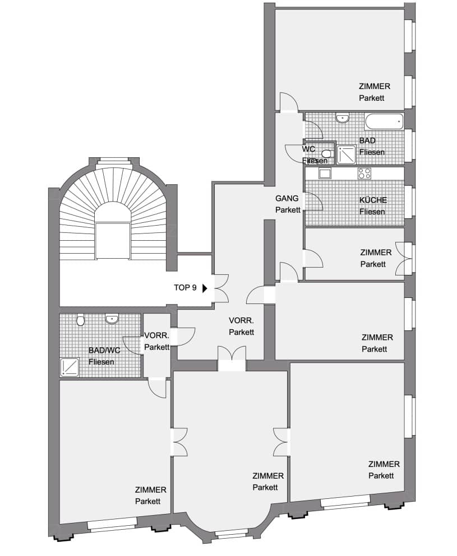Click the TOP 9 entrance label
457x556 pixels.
pyautogui.click(x=185, y=288)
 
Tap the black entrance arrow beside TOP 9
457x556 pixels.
pyautogui.click(x=205, y=288)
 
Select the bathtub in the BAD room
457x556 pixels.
pyautogui.click(x=384, y=122)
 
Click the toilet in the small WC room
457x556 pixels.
pyautogui.click(x=327, y=153)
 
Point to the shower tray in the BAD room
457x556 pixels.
pyautogui.click(x=346, y=155)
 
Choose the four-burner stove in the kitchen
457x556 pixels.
pyautogui.click(x=364, y=174)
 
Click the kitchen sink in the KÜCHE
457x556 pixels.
pyautogui.click(x=325, y=174)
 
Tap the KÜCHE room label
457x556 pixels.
pyautogui.click(x=372, y=205)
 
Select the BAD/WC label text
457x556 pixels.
pyautogui.click(x=104, y=351)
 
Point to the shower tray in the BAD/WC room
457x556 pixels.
pyautogui.click(x=70, y=367)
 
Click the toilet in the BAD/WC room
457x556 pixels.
pyautogui.click(x=81, y=320)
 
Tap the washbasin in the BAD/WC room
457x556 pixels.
pyautogui.click(x=112, y=319)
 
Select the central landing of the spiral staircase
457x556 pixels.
pyautogui.click(x=113, y=240)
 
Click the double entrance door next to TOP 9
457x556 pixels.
pyautogui.click(x=220, y=288)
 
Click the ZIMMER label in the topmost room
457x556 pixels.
pyautogui.click(x=374, y=86)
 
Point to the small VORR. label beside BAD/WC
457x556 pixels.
pyautogui.click(x=156, y=335)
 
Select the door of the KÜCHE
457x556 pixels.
pyautogui.click(x=313, y=202)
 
